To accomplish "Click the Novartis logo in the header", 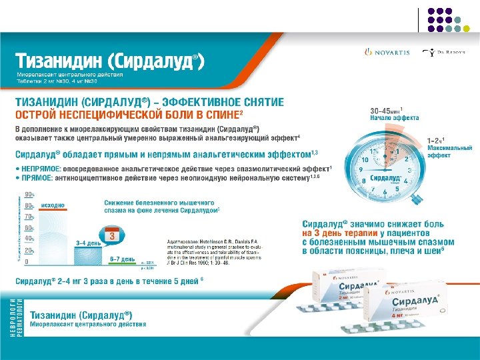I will (383, 52).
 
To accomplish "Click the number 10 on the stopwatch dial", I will (365, 160).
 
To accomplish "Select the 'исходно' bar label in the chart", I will (53, 207).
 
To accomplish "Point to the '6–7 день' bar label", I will (123, 258).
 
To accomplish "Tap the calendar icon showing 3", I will (113, 235).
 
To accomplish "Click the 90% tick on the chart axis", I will (29, 195).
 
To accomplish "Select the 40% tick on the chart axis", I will (29, 238).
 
